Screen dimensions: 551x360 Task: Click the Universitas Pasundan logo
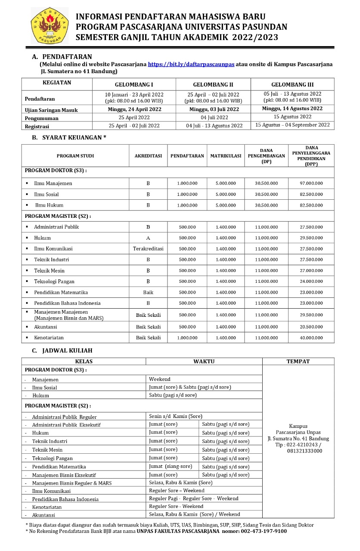[x=50, y=25]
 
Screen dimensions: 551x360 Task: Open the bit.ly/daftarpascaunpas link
[x=191, y=64]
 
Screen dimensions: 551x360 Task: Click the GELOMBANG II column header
[x=213, y=84]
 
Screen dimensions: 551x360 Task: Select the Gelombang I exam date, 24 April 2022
[x=134, y=109]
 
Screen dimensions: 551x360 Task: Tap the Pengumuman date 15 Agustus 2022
[x=292, y=117]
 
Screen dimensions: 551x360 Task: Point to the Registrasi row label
[x=37, y=127]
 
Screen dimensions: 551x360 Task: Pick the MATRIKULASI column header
[x=226, y=156]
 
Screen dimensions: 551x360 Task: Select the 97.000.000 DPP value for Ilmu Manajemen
[x=311, y=183]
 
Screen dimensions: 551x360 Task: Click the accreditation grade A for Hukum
[x=148, y=238]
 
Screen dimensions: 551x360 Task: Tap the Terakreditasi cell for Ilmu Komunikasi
[x=148, y=249]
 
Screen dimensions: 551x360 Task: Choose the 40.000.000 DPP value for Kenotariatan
[x=311, y=338]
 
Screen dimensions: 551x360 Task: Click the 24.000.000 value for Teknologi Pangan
[x=311, y=282]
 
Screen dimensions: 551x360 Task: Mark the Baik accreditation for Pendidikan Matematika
[x=148, y=292]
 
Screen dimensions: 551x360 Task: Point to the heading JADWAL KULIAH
[x=67, y=350]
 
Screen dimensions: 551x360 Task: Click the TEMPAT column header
[x=298, y=362]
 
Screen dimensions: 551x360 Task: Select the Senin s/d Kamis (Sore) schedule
[x=176, y=416]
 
